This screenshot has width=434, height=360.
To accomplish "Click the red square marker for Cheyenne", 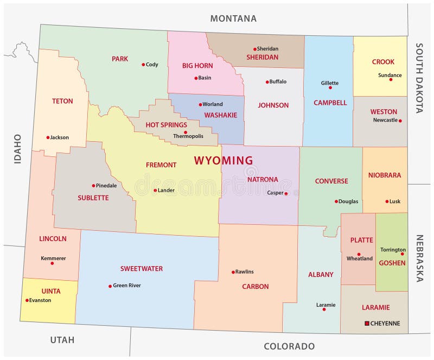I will pos(367,324).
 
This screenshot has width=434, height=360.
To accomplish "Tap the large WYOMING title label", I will pos(224,161).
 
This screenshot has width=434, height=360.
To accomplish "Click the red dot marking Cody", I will pos(143,65).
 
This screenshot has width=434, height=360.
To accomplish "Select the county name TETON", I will pos(62,101).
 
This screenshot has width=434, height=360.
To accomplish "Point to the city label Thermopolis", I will pos(188,136).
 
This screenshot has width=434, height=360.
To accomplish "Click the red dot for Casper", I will pos(286,193).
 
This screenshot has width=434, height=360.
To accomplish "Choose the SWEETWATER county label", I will pos(142,269).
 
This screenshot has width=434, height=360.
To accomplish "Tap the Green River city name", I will pos(130,286).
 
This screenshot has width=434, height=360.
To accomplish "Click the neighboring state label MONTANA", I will pos(233,18).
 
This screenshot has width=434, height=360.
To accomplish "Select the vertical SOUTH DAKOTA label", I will pos(419,78).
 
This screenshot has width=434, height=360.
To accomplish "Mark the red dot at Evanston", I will pos(27,300).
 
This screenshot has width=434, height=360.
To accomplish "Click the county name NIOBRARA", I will pos(385,175).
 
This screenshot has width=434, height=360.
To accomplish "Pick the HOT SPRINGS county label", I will pos(167,125).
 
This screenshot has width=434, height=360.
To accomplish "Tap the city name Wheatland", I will pos(360,259).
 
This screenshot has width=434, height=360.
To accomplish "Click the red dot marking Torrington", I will pos(403,254).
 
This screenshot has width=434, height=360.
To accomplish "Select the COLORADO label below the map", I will pos(289,346).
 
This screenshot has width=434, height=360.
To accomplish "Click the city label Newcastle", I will pos(385,120).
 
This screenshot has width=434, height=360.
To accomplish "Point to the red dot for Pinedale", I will pos(93,186).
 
